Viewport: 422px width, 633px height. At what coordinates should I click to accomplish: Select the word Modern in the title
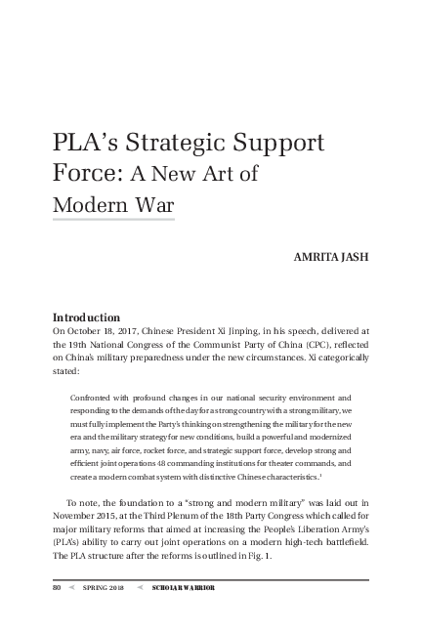[93, 206]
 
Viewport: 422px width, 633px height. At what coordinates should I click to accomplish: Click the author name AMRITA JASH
[331, 259]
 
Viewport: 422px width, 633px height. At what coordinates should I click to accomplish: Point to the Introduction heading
[86, 317]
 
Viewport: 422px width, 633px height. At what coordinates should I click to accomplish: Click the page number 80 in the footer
[58, 588]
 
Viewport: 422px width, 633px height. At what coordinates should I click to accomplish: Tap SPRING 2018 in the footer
[103, 588]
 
